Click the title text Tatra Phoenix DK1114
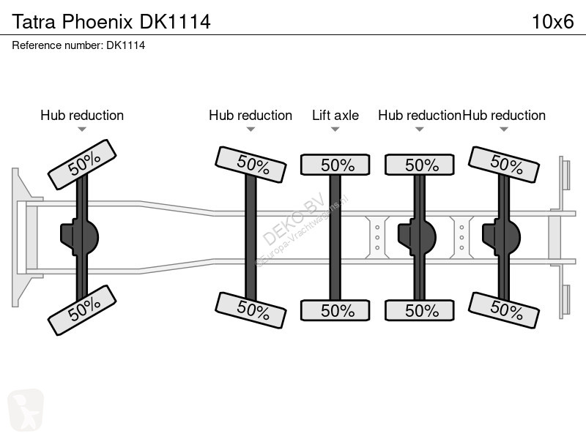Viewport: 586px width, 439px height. pos(111,22)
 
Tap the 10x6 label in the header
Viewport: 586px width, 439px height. pos(553,22)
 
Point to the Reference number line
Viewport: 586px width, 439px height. pos(78,45)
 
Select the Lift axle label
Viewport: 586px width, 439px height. pos(335,116)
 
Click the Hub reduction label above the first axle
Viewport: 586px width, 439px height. pos(82,116)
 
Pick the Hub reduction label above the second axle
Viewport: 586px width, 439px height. pos(251,116)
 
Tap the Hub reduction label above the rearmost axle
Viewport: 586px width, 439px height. pos(504,116)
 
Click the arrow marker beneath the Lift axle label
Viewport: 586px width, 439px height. pos(335,130)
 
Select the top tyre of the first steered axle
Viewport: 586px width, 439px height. pos(82,165)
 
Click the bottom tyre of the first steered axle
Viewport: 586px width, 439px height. pos(82,310)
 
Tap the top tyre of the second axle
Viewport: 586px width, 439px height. pos(251,165)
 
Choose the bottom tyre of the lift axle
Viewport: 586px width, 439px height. pos(335,310)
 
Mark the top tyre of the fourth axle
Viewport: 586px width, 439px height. pos(420,165)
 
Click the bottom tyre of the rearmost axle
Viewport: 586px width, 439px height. pos(504,310)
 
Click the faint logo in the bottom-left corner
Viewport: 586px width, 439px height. pos(26,410)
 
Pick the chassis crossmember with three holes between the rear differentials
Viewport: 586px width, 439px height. pos(461,237)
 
